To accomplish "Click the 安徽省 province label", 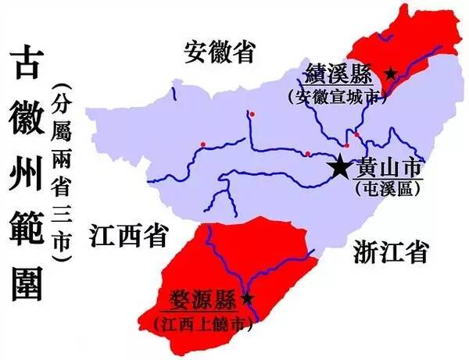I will [221, 52].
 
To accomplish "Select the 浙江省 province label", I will [388, 251].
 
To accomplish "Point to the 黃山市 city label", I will [388, 168].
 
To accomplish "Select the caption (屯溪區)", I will [388, 187].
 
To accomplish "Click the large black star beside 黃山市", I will [340, 166].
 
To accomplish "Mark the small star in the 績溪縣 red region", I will [391, 73].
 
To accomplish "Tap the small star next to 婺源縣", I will [248, 298].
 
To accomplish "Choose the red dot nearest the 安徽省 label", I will [252, 114].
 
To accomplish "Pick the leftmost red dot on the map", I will [202, 144].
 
